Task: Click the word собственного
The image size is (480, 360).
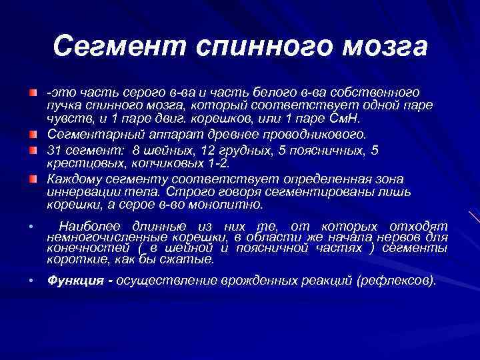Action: pyautogui.click(x=379, y=92)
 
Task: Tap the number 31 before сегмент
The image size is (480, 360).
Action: pyautogui.click(x=54, y=150)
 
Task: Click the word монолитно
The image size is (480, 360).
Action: pyautogui.click(x=230, y=205)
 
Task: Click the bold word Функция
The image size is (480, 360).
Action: pyautogui.click(x=73, y=281)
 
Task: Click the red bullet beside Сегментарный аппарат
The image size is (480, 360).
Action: pyautogui.click(x=33, y=133)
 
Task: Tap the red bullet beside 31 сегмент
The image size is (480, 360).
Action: pyautogui.click(x=33, y=149)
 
